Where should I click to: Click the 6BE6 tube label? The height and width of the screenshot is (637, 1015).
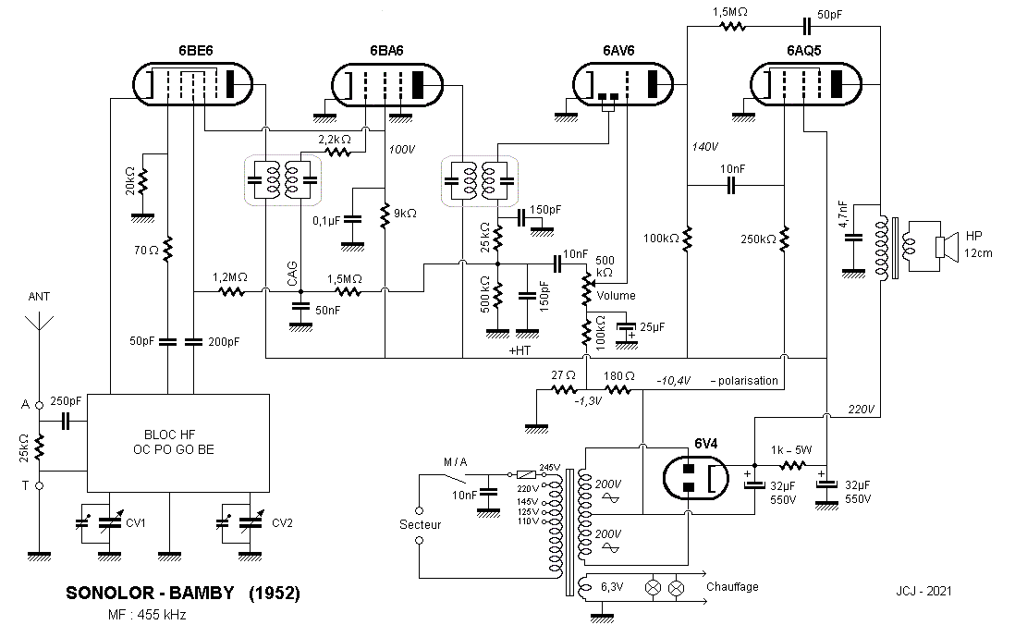pos(195,51)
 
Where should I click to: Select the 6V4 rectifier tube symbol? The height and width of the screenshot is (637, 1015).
pos(696,478)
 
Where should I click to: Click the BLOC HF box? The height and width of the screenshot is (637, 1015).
pos(178,443)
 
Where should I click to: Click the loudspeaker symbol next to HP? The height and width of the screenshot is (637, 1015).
pos(946,247)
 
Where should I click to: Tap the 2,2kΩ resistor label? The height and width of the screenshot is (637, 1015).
pos(335,140)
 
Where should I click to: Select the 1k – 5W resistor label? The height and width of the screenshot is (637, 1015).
pos(791,450)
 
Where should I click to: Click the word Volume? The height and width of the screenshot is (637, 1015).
pos(616,295)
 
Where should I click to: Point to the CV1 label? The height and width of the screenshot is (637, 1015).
pos(135,522)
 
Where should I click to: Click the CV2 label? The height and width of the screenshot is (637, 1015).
pos(282,522)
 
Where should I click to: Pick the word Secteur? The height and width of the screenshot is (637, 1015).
pos(420,524)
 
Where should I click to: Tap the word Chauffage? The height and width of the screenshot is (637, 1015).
pos(732,586)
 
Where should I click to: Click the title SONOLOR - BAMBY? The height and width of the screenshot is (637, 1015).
pos(150,593)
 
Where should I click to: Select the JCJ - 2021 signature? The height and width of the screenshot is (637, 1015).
pos(923,591)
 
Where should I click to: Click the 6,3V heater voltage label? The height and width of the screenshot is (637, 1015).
pos(612,587)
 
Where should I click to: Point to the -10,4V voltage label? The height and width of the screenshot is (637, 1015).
pos(673,381)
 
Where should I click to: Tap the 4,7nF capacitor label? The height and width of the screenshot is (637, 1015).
pos(843,214)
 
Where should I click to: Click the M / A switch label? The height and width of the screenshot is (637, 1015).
pos(455,461)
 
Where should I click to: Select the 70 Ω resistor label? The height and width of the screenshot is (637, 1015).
pos(146,250)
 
